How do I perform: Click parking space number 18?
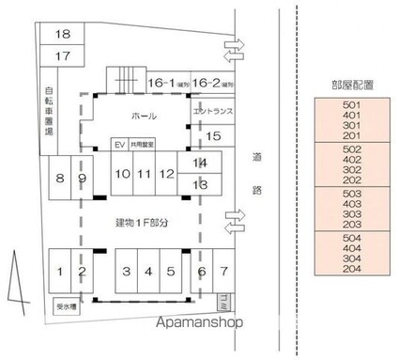[63, 35]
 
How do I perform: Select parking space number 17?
[63, 56]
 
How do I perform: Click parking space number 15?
[212, 137]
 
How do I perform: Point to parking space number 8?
[59, 178]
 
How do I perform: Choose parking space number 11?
[144, 174]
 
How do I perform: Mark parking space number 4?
[147, 273]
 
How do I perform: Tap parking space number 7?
[223, 273]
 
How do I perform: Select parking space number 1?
[59, 273]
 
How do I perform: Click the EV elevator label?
[118, 145]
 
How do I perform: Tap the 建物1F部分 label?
[142, 222]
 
